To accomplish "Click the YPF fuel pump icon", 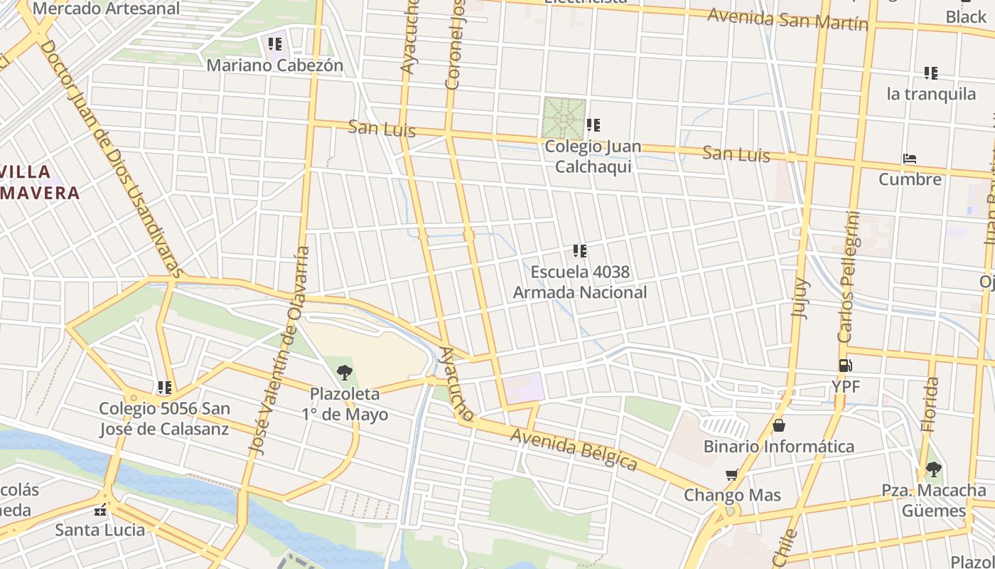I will tap(845, 366).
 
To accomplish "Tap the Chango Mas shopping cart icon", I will tap(731, 474).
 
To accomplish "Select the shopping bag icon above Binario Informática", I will tap(779, 425).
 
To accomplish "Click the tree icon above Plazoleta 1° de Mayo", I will tap(345, 372).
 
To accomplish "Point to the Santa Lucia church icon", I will tap(100, 509).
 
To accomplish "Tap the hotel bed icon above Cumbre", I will tap(909, 159).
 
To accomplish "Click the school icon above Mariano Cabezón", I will tap(274, 44).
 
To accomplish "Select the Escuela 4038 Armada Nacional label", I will tap(580, 282).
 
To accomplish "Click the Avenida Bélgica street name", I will tap(574, 450).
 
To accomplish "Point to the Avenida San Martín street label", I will tap(787, 18).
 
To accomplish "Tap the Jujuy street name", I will tap(800, 298).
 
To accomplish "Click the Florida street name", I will tap(929, 405).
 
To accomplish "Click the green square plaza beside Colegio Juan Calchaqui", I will tap(564, 119).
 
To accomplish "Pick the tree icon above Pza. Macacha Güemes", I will tap(933, 469).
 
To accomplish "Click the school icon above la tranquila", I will tap(930, 73).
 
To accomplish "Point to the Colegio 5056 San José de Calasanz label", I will tap(164, 419).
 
